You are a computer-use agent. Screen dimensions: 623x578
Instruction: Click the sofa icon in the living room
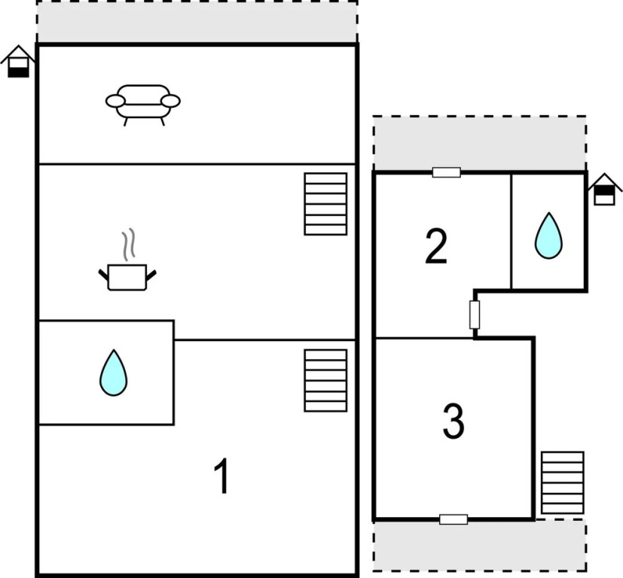(x=143, y=105)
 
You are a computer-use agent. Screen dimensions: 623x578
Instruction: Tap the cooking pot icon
(x=127, y=277)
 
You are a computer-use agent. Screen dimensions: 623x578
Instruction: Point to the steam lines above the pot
(x=128, y=244)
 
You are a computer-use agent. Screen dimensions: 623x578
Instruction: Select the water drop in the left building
(x=114, y=373)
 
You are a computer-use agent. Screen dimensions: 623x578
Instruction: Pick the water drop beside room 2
(x=548, y=236)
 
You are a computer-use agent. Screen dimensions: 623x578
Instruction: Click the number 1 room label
(x=221, y=476)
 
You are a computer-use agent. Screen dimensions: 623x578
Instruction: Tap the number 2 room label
(x=436, y=246)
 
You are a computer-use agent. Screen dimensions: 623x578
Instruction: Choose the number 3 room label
(x=454, y=421)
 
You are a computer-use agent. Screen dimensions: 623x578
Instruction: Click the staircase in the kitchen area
(x=325, y=204)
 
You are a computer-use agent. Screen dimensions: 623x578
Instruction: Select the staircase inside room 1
(x=325, y=381)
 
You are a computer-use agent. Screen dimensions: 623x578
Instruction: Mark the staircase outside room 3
(x=563, y=482)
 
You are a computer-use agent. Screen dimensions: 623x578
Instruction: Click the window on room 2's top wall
(x=447, y=172)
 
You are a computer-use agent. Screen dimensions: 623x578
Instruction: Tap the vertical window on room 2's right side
(x=475, y=315)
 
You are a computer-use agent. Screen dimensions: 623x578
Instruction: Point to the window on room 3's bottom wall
(x=454, y=519)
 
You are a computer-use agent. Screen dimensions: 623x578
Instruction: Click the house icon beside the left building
(x=18, y=62)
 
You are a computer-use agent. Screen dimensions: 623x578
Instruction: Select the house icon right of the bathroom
(x=604, y=190)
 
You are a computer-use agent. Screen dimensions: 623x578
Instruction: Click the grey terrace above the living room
(x=197, y=21)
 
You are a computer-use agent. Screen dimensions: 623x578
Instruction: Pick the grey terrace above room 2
(x=480, y=143)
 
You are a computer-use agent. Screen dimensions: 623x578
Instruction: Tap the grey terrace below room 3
(x=480, y=546)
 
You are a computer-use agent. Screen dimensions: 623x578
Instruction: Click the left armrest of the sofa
(x=116, y=102)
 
